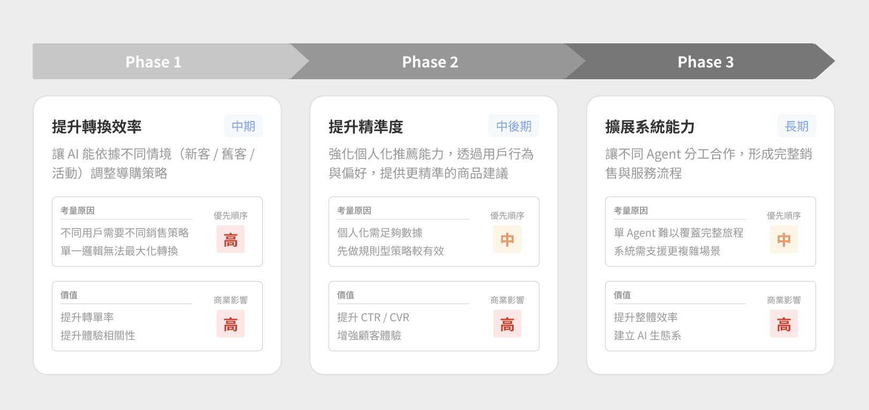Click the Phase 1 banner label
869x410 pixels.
[x=154, y=62]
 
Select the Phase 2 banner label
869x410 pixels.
[x=430, y=62]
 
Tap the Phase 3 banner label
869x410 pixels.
[x=705, y=62]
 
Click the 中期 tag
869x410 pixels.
[x=243, y=126]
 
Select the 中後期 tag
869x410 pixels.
[x=514, y=126]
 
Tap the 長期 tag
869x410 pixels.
[x=796, y=126]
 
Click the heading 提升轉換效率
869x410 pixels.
[x=97, y=127]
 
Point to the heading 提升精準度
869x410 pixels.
[x=365, y=127]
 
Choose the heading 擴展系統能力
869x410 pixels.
[x=650, y=127]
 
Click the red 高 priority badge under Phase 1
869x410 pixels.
[x=231, y=239]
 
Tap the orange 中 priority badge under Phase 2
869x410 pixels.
[x=507, y=239]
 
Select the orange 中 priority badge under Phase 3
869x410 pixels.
[x=784, y=239]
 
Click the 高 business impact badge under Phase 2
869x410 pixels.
[x=507, y=324]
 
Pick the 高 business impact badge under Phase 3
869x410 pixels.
[x=784, y=324]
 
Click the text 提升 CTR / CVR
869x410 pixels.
[x=373, y=317]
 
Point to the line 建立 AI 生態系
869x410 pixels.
[x=647, y=336]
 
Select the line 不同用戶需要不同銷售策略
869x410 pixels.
[x=125, y=233]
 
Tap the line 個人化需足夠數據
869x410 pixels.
[x=380, y=233]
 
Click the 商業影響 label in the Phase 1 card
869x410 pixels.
[x=231, y=300]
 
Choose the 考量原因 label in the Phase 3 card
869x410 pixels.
[x=630, y=211]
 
